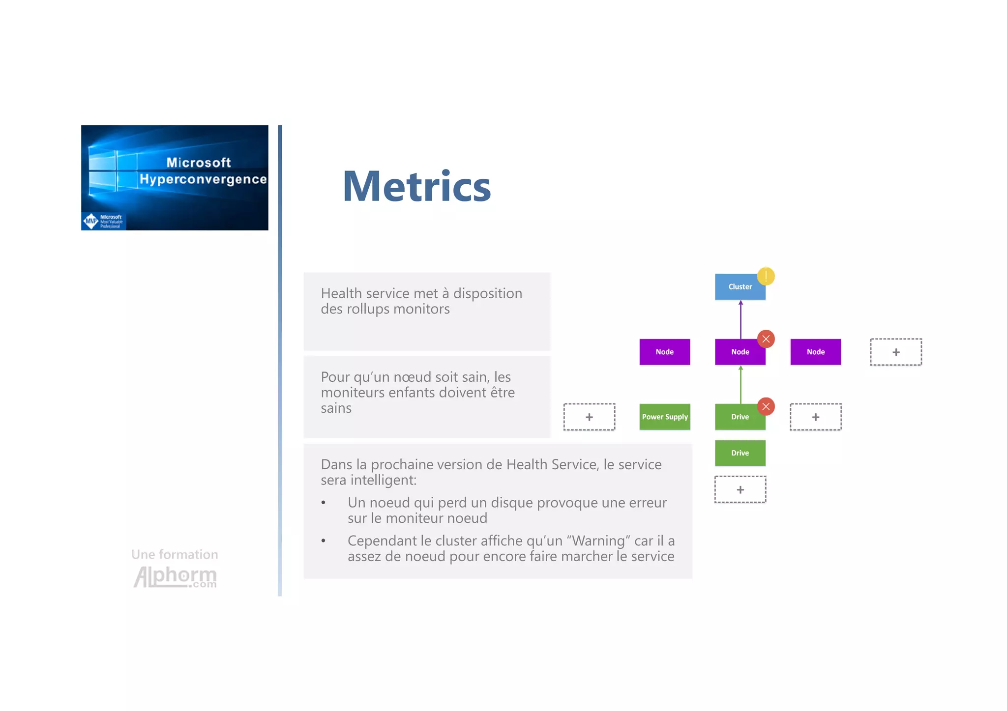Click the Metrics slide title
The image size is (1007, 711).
pyautogui.click(x=416, y=186)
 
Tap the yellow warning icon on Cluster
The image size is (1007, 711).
pyautogui.click(x=766, y=276)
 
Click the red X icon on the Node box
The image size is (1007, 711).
pyautogui.click(x=766, y=339)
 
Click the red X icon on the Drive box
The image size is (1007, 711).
pyautogui.click(x=766, y=406)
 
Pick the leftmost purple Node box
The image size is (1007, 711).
pyautogui.click(x=664, y=352)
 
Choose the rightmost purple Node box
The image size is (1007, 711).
pyautogui.click(x=815, y=352)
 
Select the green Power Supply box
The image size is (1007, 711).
pyautogui.click(x=664, y=417)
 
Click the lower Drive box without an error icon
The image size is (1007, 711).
pyautogui.click(x=740, y=453)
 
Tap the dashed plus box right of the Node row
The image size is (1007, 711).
pyautogui.click(x=895, y=352)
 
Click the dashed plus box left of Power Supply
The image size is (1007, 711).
pyautogui.click(x=589, y=417)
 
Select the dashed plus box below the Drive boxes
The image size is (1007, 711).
pyautogui.click(x=740, y=489)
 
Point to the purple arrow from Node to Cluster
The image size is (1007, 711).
pyautogui.click(x=740, y=319)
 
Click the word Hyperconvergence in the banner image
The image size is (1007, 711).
pyautogui.click(x=203, y=179)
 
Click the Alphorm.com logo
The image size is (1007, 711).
pyautogui.click(x=175, y=576)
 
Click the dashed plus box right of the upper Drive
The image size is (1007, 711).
pyautogui.click(x=815, y=417)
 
